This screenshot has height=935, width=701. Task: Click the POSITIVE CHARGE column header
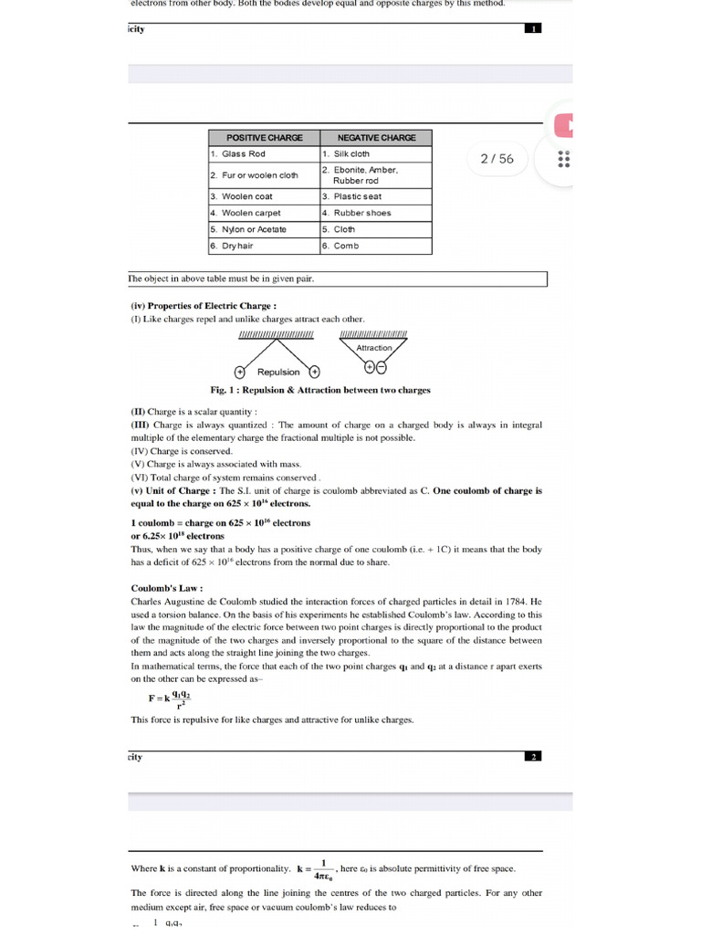(264, 137)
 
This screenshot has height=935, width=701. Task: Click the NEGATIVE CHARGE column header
(376, 137)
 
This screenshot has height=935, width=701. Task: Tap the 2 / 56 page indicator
(497, 159)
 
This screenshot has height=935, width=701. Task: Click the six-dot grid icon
(563, 159)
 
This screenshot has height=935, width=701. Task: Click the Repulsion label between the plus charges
(278, 373)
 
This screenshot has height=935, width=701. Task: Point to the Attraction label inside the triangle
(374, 348)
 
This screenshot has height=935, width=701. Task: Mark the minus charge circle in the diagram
(381, 368)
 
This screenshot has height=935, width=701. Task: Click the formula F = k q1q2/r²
(171, 698)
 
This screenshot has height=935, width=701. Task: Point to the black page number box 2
(534, 757)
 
